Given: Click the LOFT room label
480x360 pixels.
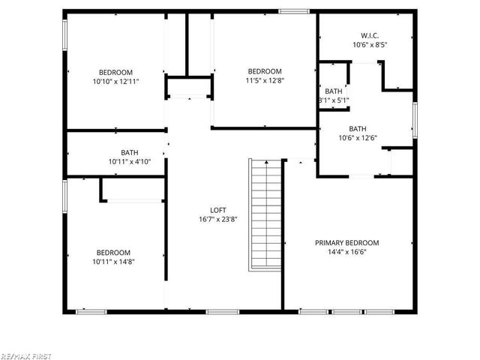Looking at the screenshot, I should pyautogui.click(x=218, y=210).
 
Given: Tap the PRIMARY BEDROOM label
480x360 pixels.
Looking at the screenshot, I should pyautogui.click(x=346, y=242).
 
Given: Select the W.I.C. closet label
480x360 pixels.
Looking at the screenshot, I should pyautogui.click(x=369, y=34).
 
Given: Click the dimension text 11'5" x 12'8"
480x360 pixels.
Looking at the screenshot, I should pyautogui.click(x=265, y=80).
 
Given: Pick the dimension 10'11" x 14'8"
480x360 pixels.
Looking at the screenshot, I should pyautogui.click(x=113, y=261).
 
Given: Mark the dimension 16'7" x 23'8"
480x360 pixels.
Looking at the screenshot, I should pyautogui.click(x=218, y=220).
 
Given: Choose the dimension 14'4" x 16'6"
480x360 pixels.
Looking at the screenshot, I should pyautogui.click(x=346, y=252).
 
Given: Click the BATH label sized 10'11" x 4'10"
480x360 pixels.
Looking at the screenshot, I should pyautogui.click(x=130, y=152).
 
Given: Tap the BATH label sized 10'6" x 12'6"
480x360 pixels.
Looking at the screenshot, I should pyautogui.click(x=358, y=128).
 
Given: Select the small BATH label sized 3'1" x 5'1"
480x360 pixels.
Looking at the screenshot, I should pyautogui.click(x=334, y=91).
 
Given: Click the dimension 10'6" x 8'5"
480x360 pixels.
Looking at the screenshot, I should pyautogui.click(x=369, y=44).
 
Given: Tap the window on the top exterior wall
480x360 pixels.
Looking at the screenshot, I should pyautogui.click(x=293, y=10).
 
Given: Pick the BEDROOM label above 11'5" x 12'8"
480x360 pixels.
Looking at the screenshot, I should pyautogui.click(x=265, y=70).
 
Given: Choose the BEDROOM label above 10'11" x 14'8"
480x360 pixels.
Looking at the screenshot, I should pyautogui.click(x=113, y=252).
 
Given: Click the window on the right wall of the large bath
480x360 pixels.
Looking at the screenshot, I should pyautogui.click(x=414, y=120).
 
